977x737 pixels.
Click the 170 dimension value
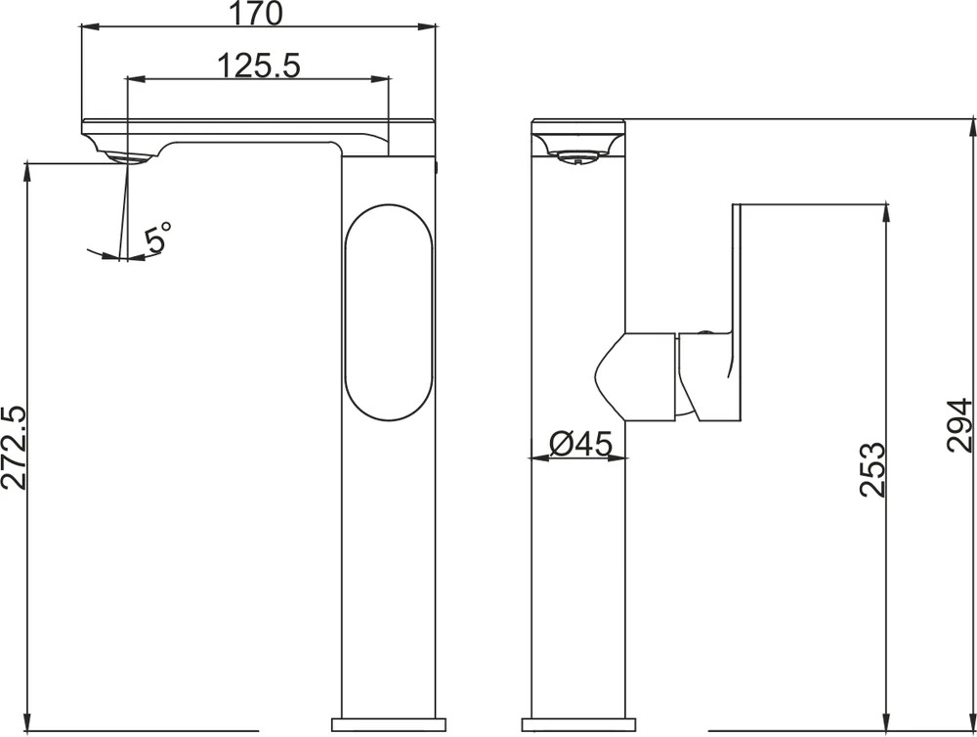pyautogui.click(x=257, y=13)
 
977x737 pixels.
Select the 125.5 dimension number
pyautogui.click(x=259, y=65)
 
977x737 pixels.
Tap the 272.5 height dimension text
pyautogui.click(x=14, y=448)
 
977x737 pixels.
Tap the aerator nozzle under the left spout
pyautogui.click(x=129, y=158)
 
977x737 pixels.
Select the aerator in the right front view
pyautogui.click(x=577, y=157)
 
